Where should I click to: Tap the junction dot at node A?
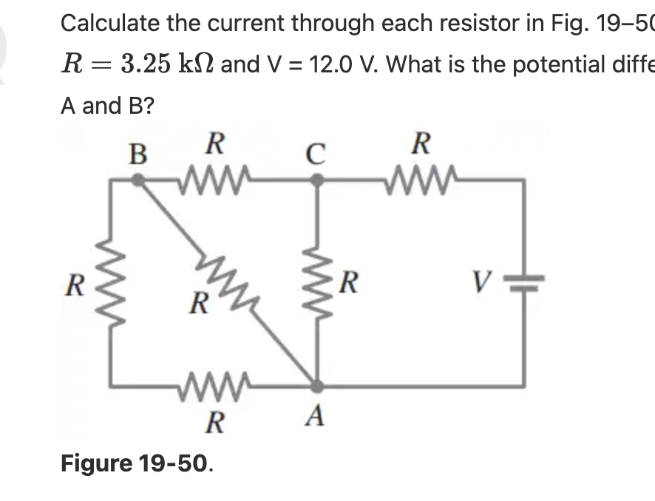pos(316,385)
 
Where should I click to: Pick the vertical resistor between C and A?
pos(317,283)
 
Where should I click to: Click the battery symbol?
pos(526,283)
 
